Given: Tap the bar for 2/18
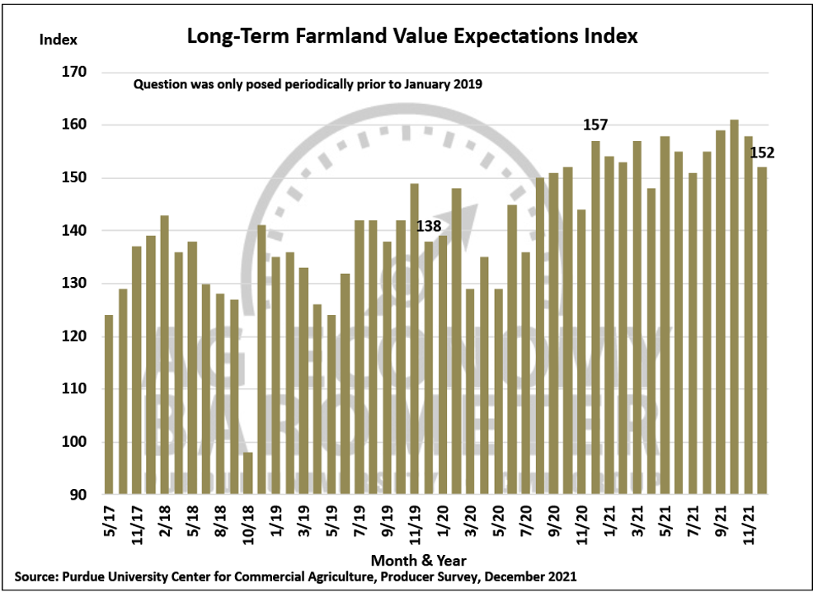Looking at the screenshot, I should pyautogui.click(x=164, y=355).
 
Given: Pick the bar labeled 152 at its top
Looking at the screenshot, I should pyautogui.click(x=762, y=330).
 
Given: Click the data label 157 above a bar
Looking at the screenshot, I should pyautogui.click(x=595, y=125).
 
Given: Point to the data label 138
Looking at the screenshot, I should pyautogui.click(x=428, y=224).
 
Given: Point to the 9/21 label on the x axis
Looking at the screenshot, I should pyautogui.click(x=720, y=523).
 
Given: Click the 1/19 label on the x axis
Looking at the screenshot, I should pyautogui.click(x=276, y=523).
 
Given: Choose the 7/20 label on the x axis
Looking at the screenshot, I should pyautogui.click(x=525, y=523).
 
